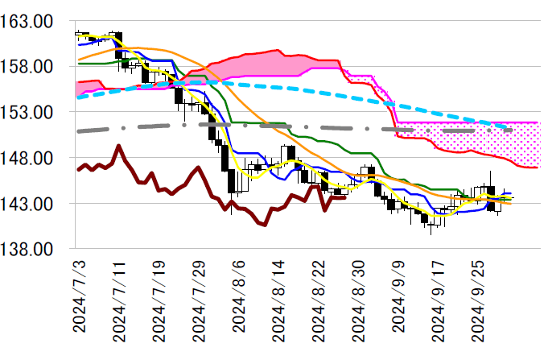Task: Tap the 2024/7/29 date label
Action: pos(199,302)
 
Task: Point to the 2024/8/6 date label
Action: pos(238,298)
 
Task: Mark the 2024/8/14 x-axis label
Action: pos(278,302)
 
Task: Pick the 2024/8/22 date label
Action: pos(318,302)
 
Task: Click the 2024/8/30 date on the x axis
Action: pos(357,302)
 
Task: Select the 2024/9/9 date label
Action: pos(397,298)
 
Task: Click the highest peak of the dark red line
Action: pos(119,146)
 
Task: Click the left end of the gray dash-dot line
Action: pos(77,130)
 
